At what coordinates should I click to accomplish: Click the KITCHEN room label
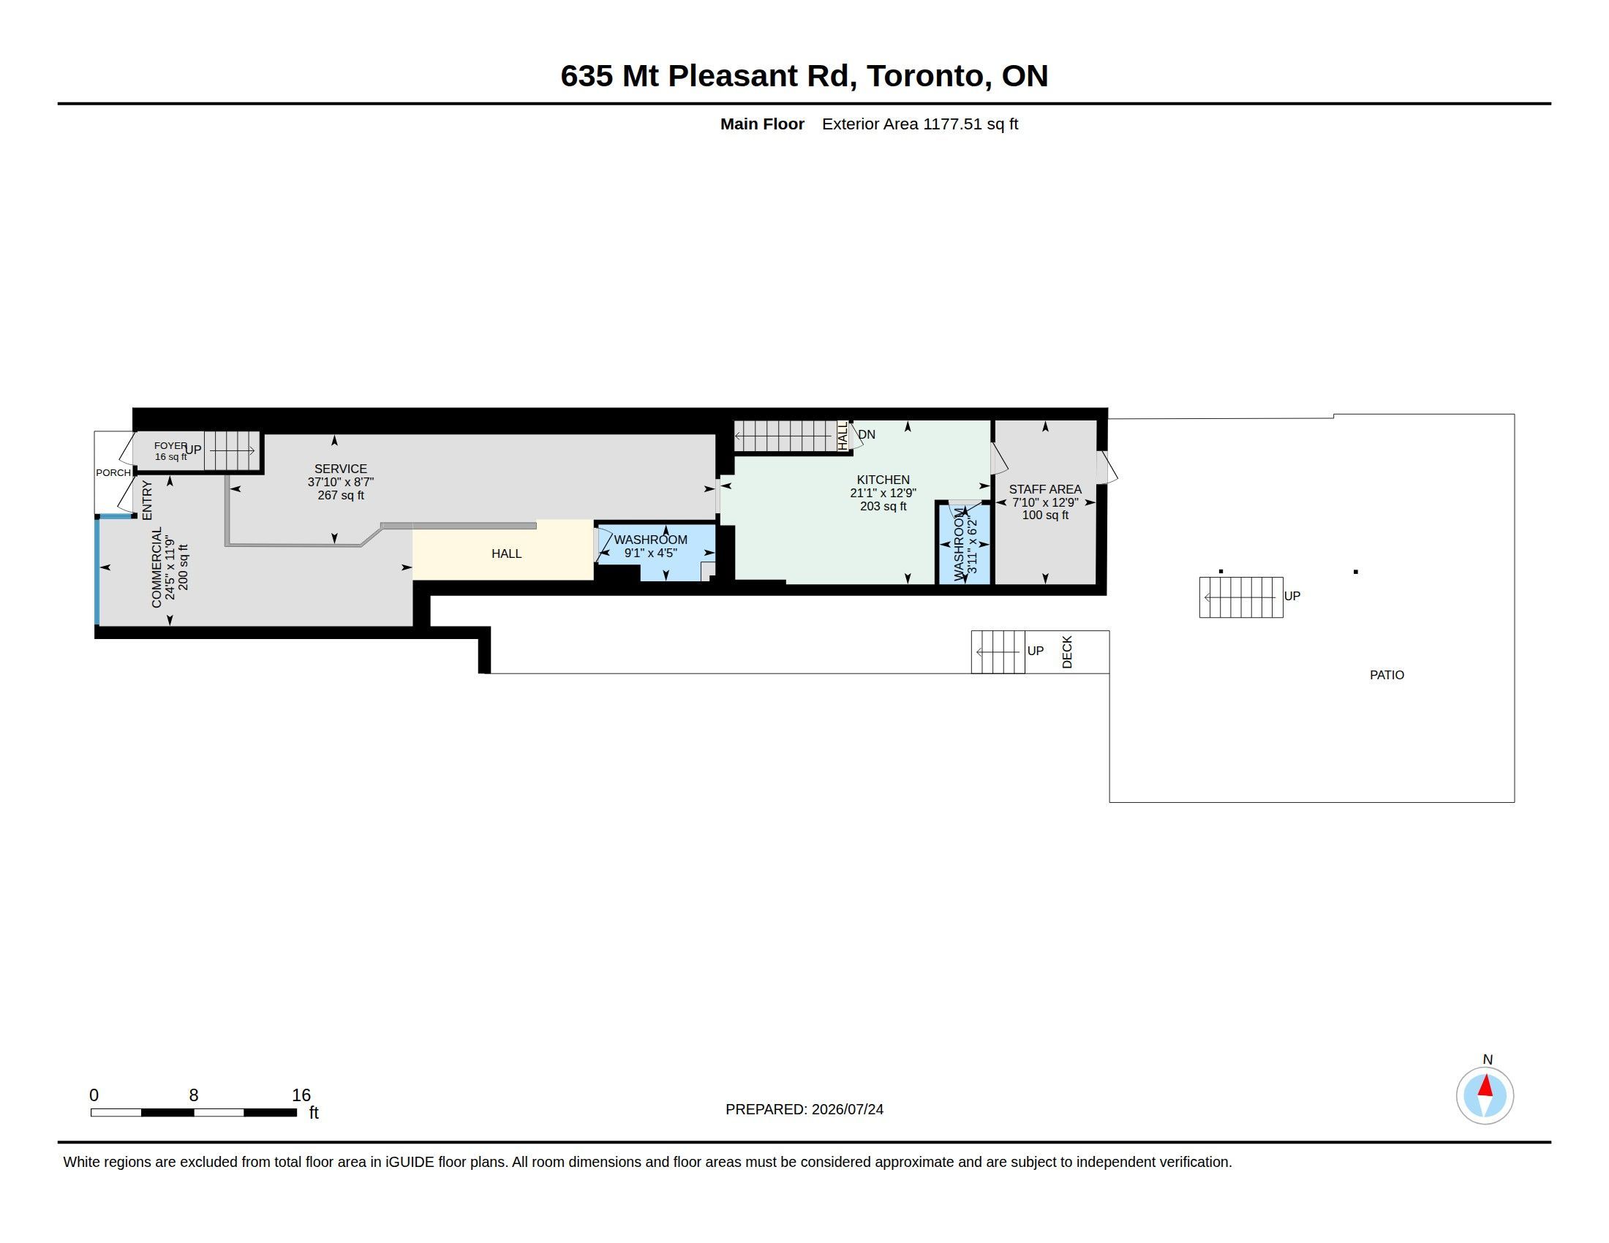(883, 480)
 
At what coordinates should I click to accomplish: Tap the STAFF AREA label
(1044, 489)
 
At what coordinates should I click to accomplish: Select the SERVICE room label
(340, 469)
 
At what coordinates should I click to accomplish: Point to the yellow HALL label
(506, 553)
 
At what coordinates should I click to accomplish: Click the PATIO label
(1387, 675)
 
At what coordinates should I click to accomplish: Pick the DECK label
(1067, 651)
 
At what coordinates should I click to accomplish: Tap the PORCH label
(113, 473)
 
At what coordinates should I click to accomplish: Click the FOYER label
(170, 445)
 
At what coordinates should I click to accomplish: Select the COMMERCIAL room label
(157, 567)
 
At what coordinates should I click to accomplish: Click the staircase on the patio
(1240, 597)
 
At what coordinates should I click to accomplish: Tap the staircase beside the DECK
(998, 651)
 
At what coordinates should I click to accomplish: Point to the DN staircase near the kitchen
(785, 436)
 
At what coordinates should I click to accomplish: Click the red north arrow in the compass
(1485, 1086)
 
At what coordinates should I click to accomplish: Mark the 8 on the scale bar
(194, 1095)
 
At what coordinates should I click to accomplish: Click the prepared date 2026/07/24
(847, 1109)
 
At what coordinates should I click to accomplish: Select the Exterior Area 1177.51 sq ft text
(919, 124)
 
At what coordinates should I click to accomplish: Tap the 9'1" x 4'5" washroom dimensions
(650, 553)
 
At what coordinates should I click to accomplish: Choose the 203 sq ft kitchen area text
(883, 507)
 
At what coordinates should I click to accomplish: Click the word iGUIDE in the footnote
(410, 1162)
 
